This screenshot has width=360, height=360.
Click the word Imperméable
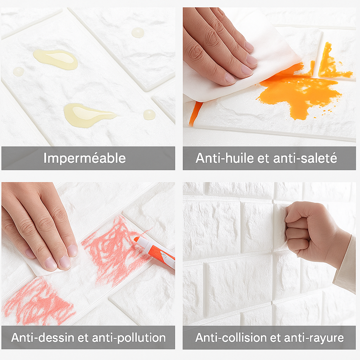click(85, 159)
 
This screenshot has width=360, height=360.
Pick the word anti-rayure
click(314, 338)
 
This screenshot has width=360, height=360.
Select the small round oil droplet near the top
click(138, 32)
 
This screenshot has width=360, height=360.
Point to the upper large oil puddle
click(56, 59)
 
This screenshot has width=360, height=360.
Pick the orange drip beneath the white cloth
click(195, 114)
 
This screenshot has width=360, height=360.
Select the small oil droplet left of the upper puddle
click(18, 71)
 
